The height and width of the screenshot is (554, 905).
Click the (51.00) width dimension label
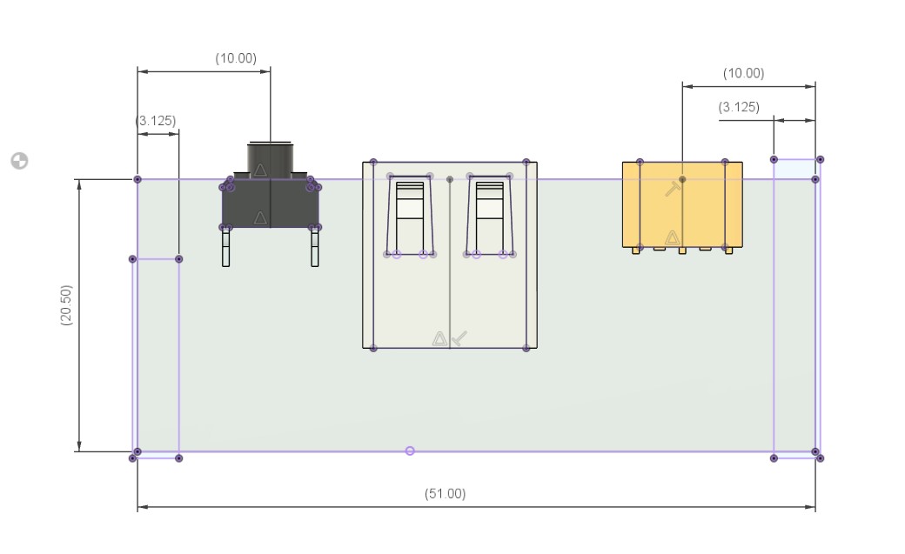pyautogui.click(x=445, y=494)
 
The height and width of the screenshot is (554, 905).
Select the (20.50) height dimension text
pyautogui.click(x=66, y=305)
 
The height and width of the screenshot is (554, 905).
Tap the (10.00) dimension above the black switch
pyautogui.click(x=236, y=58)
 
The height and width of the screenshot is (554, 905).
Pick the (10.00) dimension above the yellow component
pyautogui.click(x=743, y=73)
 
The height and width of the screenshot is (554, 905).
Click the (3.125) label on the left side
pyautogui.click(x=156, y=121)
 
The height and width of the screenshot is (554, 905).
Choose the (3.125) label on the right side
pyautogui.click(x=739, y=107)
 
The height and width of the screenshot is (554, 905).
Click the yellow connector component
pyautogui.click(x=682, y=205)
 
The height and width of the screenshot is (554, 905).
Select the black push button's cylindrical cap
pyautogui.click(x=270, y=158)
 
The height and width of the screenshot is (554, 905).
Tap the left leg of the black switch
pyautogui.click(x=225, y=246)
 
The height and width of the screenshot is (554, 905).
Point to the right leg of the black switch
pyautogui.click(x=314, y=246)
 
